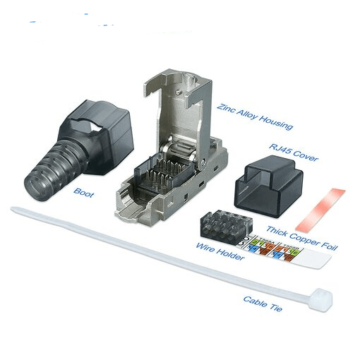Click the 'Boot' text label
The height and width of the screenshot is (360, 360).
(83, 191)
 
